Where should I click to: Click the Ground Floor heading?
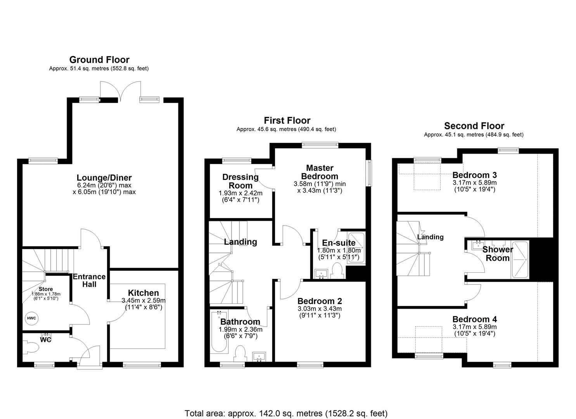tap(99, 60)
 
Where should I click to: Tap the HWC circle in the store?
tap(31, 319)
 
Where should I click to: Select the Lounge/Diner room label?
tap(104, 178)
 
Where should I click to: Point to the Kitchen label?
tap(143, 293)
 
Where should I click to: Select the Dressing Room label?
tap(240, 181)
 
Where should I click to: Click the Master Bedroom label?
tap(320, 172)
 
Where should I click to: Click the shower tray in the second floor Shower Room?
tap(520, 259)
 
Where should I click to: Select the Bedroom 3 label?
tap(474, 175)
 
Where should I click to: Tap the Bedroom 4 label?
tap(474, 319)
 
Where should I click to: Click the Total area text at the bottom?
tap(286, 413)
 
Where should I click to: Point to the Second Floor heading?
tap(474, 126)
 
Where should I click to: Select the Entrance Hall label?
tap(89, 280)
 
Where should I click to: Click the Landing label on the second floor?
tap(430, 237)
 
